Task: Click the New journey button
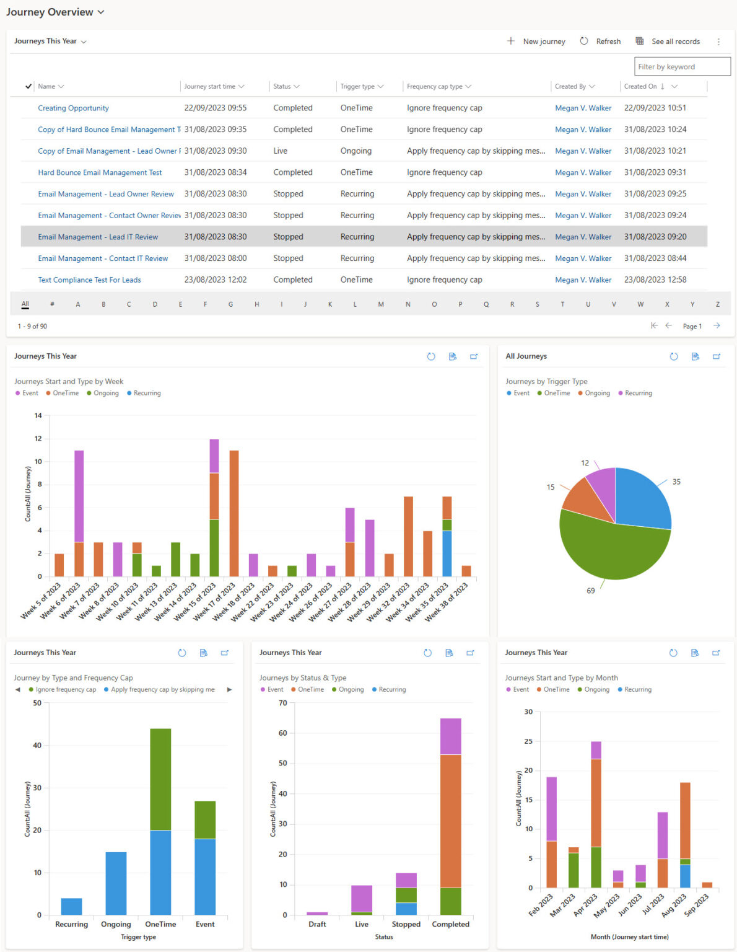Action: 536,42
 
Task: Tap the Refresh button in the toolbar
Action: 600,42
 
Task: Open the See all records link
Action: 668,42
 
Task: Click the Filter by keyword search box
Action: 682,66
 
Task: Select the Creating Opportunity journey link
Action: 73,108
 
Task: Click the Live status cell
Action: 281,151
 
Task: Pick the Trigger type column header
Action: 357,86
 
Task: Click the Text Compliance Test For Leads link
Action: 89,280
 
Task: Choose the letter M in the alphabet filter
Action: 381,304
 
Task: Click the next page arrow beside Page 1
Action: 717,326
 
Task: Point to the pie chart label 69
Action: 590,591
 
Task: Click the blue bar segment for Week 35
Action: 447,553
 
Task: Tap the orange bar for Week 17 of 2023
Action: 233,513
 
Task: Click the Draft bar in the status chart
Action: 317,913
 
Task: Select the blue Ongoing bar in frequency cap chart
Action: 116,883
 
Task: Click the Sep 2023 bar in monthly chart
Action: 707,884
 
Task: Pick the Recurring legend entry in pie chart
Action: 635,393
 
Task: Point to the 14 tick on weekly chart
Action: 38,416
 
